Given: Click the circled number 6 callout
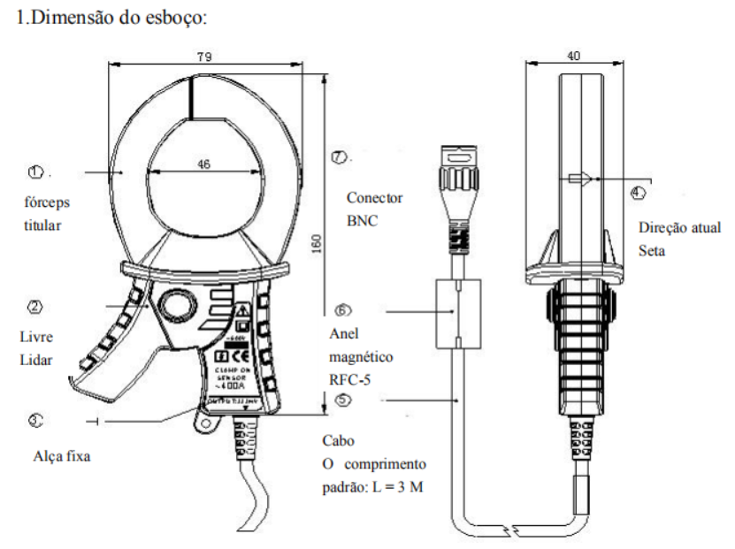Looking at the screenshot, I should click(345, 311).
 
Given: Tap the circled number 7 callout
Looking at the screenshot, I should click(339, 157).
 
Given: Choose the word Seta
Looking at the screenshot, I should click(653, 251).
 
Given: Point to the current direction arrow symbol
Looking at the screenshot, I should click(580, 179).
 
